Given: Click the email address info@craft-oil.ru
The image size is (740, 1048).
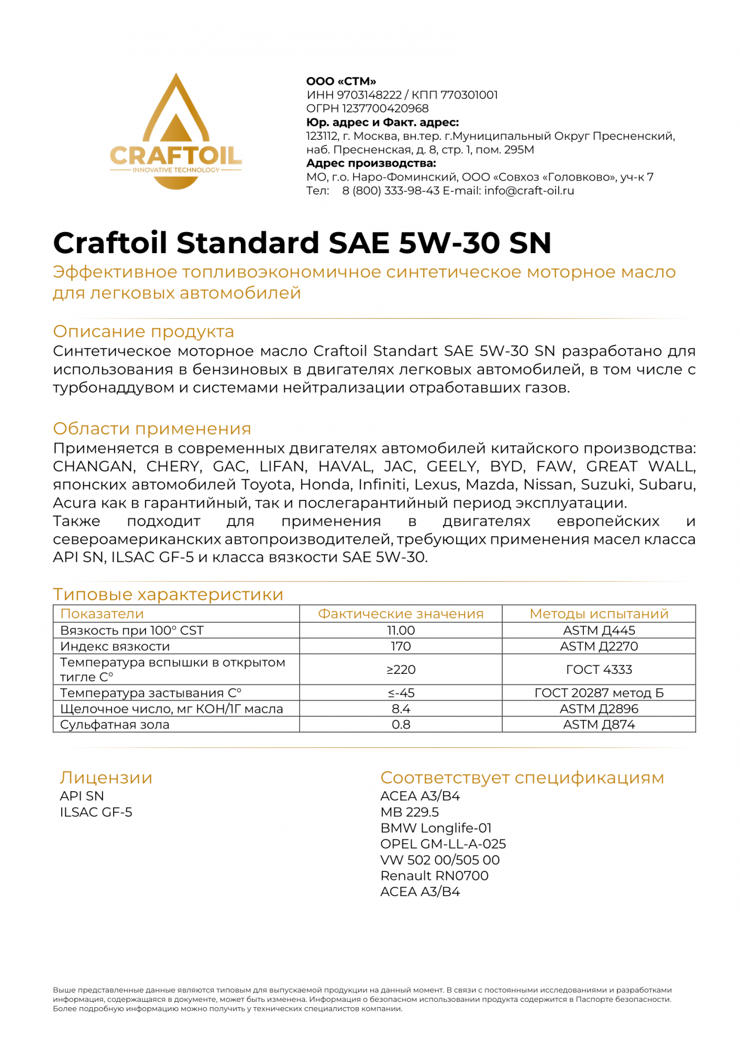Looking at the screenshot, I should tap(529, 191).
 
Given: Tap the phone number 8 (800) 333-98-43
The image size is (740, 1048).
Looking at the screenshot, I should tap(391, 191).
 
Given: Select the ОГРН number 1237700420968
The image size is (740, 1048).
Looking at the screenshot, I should tap(385, 108).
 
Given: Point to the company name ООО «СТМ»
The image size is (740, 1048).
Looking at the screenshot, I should tap(341, 81).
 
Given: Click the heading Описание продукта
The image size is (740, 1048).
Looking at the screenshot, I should tap(143, 332).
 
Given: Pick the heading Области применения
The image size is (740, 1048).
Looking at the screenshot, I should tap(152, 429).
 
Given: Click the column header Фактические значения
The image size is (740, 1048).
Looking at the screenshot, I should tap(401, 614).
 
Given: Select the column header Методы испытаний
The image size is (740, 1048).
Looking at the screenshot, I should tap(599, 614).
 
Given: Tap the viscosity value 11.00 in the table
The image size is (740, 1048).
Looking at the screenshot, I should tap(401, 630).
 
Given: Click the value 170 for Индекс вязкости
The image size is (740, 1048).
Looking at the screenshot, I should tap(401, 646).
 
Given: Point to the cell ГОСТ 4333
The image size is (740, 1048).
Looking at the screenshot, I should tap(599, 670).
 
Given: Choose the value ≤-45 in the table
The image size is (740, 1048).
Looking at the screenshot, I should tap(401, 693).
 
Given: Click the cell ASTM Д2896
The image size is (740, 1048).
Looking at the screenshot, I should tap(599, 709).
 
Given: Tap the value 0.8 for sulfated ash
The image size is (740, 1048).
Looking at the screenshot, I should tap(401, 725).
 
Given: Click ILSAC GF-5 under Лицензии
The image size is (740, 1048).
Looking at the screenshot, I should tap(96, 812).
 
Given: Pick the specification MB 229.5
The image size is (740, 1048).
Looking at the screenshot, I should tap(410, 812).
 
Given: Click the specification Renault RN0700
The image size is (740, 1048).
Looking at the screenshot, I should tap(434, 876).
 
